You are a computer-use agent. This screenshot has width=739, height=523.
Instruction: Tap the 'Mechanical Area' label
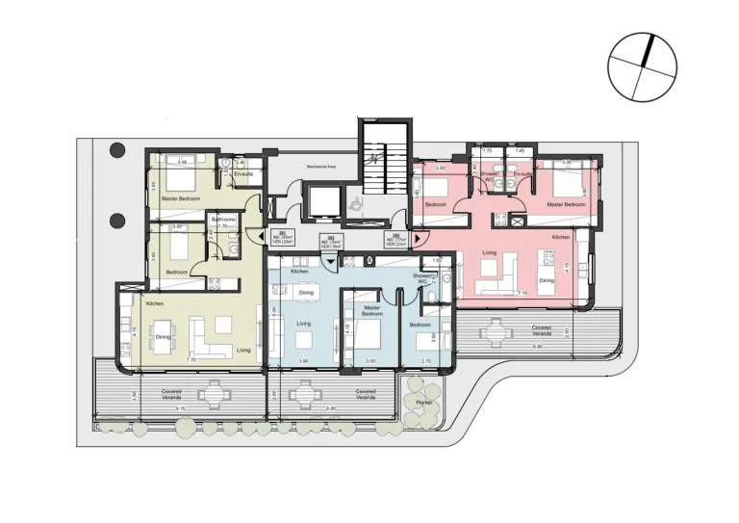click(320, 167)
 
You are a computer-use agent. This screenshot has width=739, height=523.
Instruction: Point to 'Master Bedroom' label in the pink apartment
click(566, 205)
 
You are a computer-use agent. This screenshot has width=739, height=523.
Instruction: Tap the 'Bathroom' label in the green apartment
click(224, 220)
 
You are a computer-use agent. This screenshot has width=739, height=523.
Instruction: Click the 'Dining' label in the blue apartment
click(306, 292)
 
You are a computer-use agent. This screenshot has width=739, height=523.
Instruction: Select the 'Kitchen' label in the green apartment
click(154, 303)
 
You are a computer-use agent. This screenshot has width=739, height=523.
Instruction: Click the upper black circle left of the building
click(117, 150)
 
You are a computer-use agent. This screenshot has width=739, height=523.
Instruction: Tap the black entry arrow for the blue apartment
click(332, 261)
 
